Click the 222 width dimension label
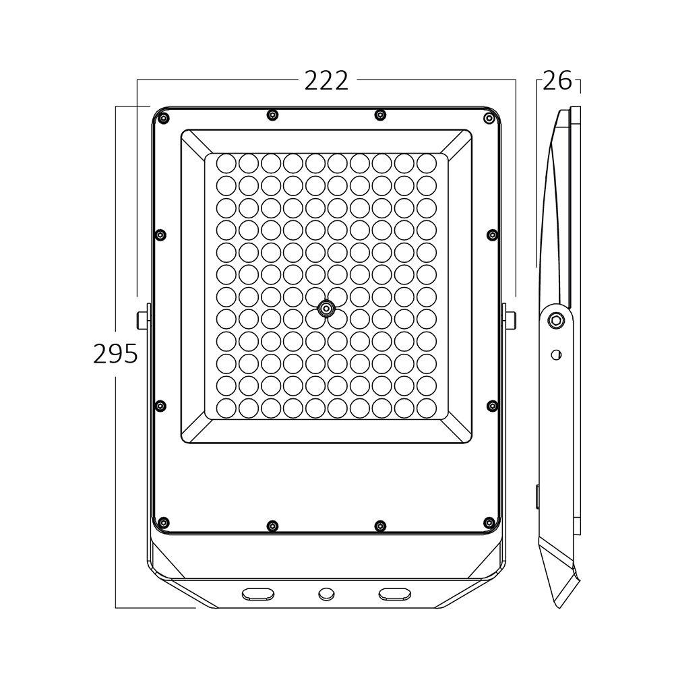point(326,81)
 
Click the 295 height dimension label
point(115,353)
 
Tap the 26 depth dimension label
point(557,82)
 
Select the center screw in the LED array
point(326,309)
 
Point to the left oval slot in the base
point(258,593)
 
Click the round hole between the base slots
point(326,593)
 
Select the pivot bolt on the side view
point(556,320)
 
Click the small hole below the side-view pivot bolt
point(555,354)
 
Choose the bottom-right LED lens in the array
point(426,407)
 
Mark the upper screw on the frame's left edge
point(160,235)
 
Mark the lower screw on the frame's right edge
point(491,405)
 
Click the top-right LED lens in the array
point(426,163)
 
